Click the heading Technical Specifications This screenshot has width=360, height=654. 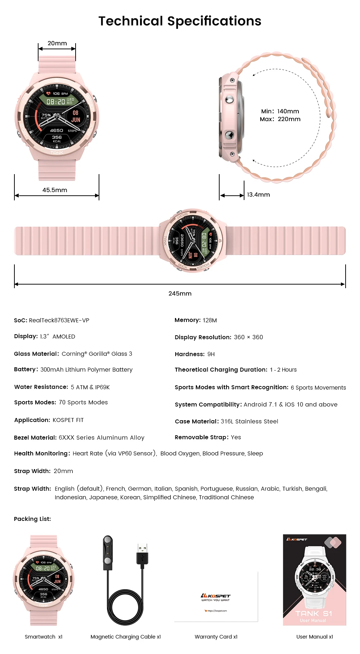tap(180, 21)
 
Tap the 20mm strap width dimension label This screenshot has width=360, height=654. tap(57, 44)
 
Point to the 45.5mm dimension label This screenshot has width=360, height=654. tap(55, 190)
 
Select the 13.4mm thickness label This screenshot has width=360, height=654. tap(258, 195)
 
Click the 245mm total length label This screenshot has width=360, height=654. tap(180, 294)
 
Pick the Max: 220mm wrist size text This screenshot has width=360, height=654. tap(280, 119)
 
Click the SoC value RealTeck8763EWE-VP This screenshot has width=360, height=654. tap(59, 320)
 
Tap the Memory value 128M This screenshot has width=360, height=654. tap(210, 320)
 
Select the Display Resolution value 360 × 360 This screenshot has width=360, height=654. tap(248, 337)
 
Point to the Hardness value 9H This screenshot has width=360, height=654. tap(211, 354)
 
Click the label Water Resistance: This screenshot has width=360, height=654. tap(41, 387)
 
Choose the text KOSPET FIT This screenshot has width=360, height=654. tap(68, 420)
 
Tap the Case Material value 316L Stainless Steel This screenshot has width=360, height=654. tap(249, 421)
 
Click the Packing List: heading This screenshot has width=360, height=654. tap(32, 519)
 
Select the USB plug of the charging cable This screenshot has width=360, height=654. tap(143, 554)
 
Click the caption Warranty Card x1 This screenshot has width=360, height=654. tap(216, 637)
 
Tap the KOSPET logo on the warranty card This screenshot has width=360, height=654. tap(216, 596)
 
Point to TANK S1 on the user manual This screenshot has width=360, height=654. tap(314, 613)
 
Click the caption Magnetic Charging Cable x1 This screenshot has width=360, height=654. tap(126, 637)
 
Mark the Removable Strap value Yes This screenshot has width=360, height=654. tap(236, 437)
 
